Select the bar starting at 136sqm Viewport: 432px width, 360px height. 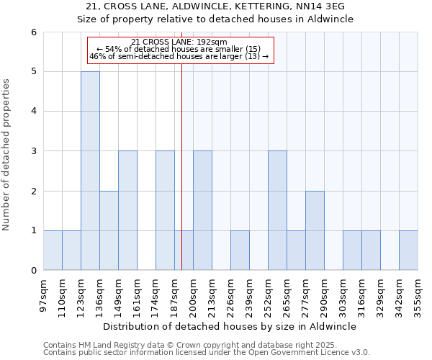[x=109, y=230]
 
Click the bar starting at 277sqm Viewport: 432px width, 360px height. [x=315, y=230]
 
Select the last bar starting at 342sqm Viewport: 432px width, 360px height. [x=408, y=251]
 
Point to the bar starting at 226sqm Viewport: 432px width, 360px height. [x=240, y=251]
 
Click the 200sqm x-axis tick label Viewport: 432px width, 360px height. [x=194, y=295]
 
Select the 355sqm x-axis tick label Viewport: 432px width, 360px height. [x=418, y=295]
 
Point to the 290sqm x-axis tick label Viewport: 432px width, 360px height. [x=325, y=295]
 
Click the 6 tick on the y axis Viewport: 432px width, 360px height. [x=33, y=32]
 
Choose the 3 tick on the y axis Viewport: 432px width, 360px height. [x=33, y=151]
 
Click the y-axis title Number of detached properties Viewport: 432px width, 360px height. [x=6, y=155]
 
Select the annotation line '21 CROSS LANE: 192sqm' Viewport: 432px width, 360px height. [x=180, y=42]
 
